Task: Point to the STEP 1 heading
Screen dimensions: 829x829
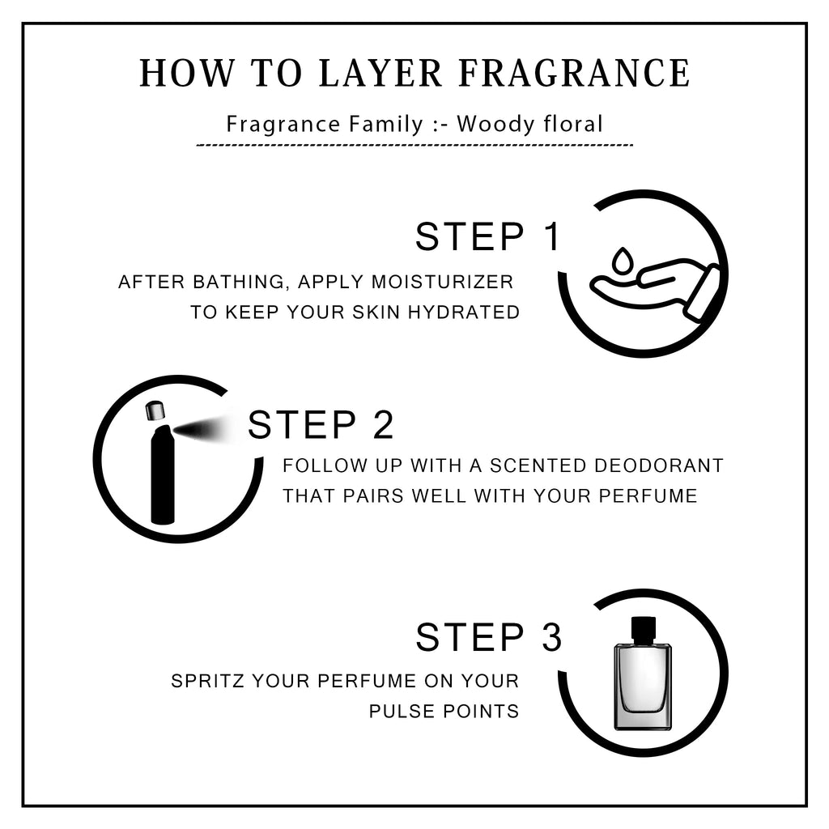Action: click(x=487, y=236)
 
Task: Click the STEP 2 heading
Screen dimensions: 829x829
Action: click(x=321, y=424)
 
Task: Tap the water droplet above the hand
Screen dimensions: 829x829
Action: click(x=622, y=261)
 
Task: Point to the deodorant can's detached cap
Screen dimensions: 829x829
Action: click(x=155, y=411)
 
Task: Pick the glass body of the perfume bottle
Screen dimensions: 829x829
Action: click(x=642, y=687)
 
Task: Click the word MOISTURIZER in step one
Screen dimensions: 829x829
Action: click(x=443, y=282)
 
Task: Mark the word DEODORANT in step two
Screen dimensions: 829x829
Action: click(x=659, y=466)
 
